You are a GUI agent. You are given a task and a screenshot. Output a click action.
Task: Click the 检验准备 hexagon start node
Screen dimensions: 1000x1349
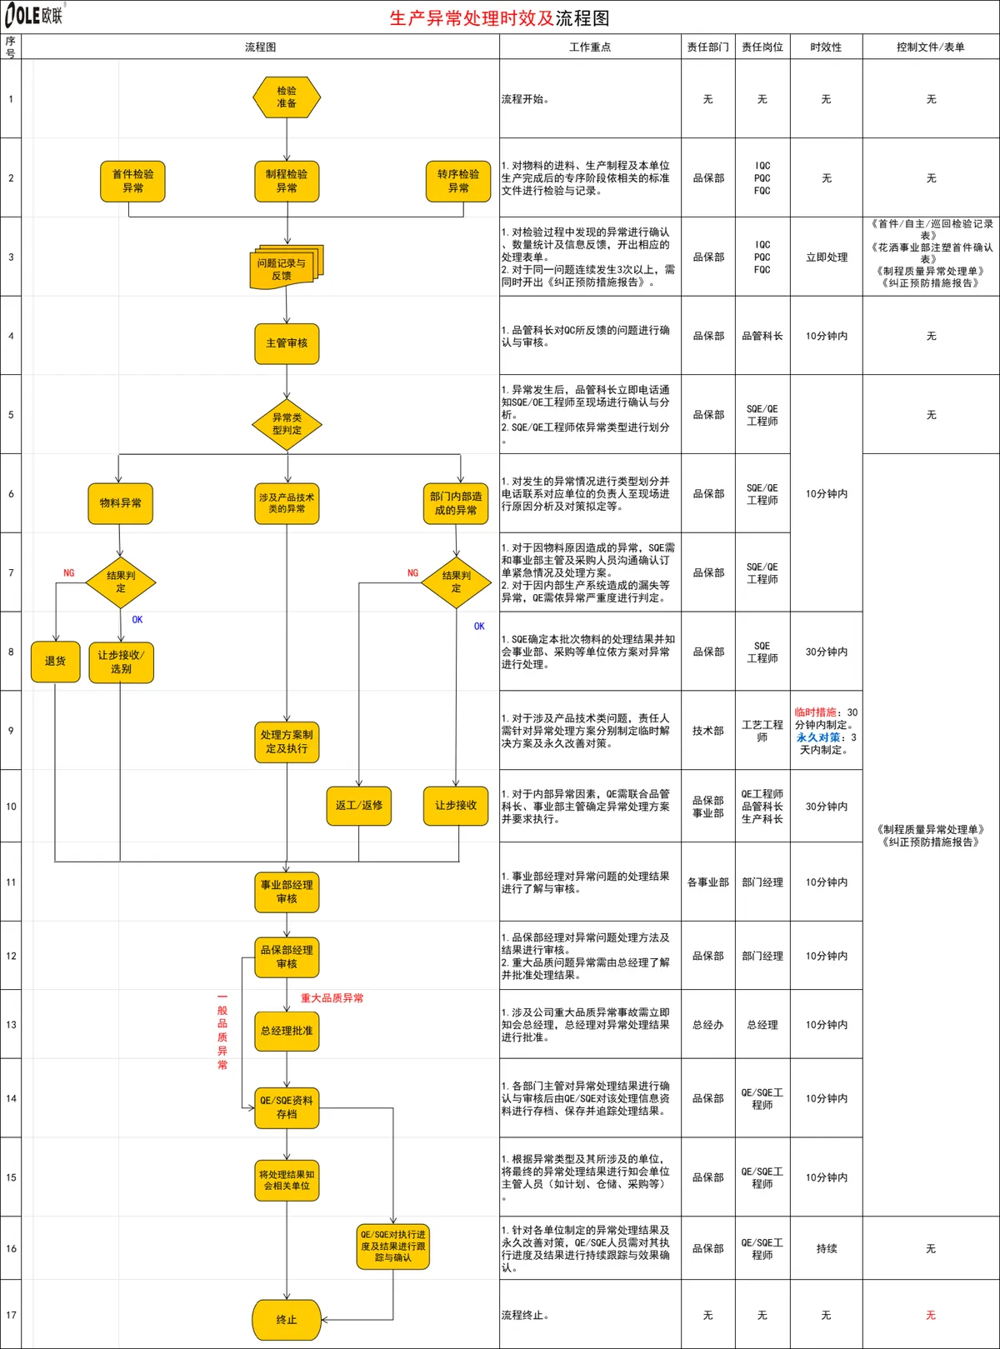pyautogui.click(x=287, y=97)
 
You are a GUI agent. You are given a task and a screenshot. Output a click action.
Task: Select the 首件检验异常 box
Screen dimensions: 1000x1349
pyautogui.click(x=132, y=182)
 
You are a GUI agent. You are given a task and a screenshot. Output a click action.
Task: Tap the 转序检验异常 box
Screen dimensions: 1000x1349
pyautogui.click(x=458, y=182)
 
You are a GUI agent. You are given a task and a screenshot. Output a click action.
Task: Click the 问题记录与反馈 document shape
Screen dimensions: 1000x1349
pyautogui.click(x=287, y=267)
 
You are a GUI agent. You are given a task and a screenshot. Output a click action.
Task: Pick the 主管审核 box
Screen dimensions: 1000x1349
pyautogui.click(x=287, y=343)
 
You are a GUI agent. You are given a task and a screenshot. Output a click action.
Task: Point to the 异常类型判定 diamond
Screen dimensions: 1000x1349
pyautogui.click(x=287, y=424)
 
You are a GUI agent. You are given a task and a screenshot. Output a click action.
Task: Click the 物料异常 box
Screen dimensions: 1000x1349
pyautogui.click(x=121, y=503)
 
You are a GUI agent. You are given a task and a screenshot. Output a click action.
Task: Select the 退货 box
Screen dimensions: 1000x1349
pyautogui.click(x=55, y=661)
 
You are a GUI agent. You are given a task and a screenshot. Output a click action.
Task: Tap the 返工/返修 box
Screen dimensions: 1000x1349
pyautogui.click(x=359, y=806)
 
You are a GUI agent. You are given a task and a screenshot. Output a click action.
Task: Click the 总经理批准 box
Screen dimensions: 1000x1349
pyautogui.click(x=287, y=1031)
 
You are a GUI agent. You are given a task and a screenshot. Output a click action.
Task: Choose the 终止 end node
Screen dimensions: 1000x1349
pyautogui.click(x=287, y=1320)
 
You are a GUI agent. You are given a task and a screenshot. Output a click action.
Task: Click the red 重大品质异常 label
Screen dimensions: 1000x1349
pyautogui.click(x=332, y=998)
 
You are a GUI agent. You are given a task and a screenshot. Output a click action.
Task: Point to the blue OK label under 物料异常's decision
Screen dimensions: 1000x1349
pyautogui.click(x=137, y=620)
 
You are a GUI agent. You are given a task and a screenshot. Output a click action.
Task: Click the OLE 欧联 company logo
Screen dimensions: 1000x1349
pyautogui.click(x=34, y=15)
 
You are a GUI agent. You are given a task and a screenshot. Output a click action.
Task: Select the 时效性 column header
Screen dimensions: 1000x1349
pyautogui.click(x=826, y=47)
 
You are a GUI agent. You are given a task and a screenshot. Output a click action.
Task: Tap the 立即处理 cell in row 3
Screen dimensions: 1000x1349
pyautogui.click(x=827, y=257)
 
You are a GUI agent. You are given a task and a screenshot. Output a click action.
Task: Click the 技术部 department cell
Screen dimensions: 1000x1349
pyautogui.click(x=708, y=731)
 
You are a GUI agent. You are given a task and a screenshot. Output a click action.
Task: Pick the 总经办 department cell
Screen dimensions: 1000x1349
pyautogui.click(x=708, y=1025)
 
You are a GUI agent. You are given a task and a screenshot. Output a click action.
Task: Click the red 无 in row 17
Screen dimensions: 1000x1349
pyautogui.click(x=931, y=1315)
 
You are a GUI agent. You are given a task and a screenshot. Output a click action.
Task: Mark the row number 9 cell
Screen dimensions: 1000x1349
pyautogui.click(x=11, y=731)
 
